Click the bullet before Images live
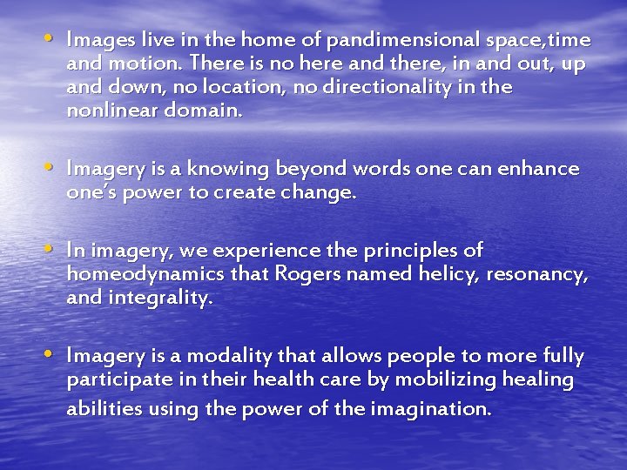[53, 40]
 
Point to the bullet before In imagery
[53, 250]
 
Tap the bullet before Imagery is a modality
[53, 355]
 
